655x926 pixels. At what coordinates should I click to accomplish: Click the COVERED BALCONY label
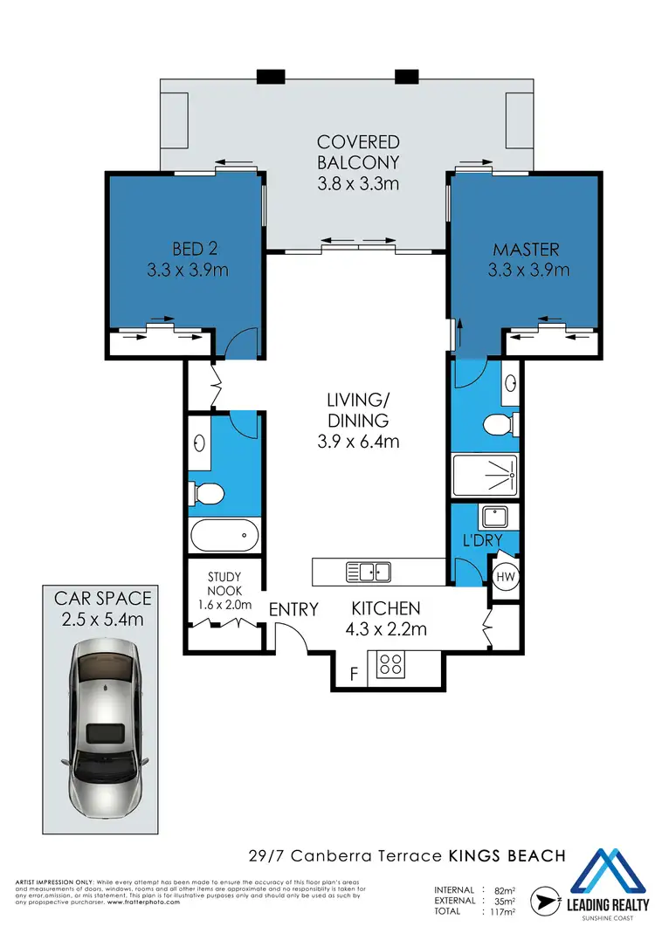(358, 162)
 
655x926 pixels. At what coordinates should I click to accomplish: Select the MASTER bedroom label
(528, 259)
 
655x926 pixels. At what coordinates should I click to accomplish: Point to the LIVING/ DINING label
(358, 421)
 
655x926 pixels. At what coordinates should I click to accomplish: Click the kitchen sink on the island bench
(369, 573)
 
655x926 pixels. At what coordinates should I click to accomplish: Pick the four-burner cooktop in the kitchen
(389, 666)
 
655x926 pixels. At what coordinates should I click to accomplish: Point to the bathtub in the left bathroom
(224, 532)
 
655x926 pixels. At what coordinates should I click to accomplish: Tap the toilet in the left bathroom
(208, 493)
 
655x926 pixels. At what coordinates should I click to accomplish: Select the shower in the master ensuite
(485, 474)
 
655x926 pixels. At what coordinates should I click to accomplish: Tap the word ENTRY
(293, 609)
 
